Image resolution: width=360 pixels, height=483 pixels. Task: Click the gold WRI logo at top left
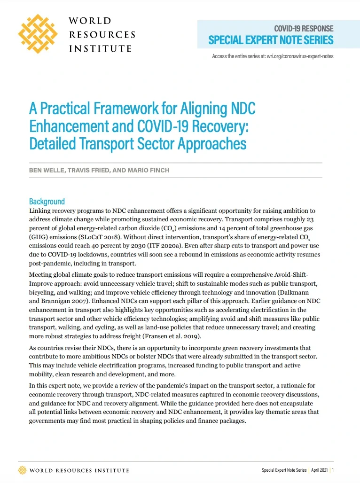[x=38, y=34]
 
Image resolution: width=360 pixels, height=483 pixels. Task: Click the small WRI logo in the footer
[x=22, y=470]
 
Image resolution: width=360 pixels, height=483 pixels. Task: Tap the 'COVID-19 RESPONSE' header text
[x=304, y=28]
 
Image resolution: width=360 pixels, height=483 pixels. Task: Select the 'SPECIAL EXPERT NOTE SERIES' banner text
[x=271, y=40]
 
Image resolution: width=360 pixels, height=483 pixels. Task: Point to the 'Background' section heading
[x=47, y=202]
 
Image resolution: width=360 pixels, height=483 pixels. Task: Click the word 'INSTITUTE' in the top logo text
[x=100, y=48]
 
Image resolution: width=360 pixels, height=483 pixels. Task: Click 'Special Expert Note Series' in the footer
[x=284, y=470]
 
